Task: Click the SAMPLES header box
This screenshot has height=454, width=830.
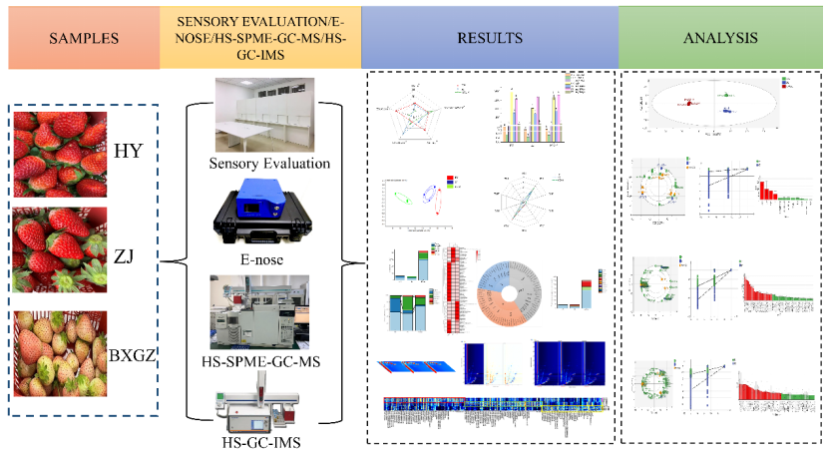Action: point(80,39)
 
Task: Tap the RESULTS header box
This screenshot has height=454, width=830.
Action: point(489,39)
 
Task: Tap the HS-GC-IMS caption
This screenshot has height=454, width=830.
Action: point(263,440)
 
